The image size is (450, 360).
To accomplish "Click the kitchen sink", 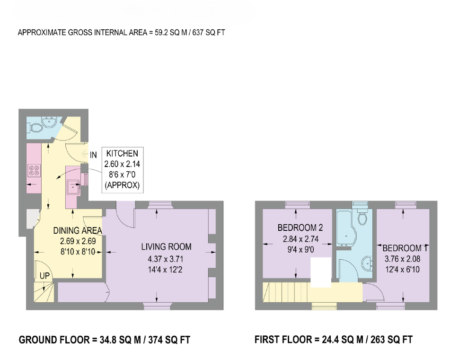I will pos(73,187).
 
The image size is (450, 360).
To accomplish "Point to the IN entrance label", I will pos(93,155).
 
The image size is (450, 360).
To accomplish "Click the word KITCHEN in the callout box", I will pos(122,154).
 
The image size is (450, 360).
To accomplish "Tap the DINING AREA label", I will pos(78,231).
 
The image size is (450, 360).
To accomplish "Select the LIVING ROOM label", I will pos(166,246).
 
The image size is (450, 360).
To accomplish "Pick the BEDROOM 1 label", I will pos(406,248).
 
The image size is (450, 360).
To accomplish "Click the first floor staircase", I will pos(286,291).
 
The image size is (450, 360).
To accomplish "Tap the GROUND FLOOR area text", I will pos(105,340).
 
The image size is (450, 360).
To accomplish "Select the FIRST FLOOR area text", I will pos(334,340).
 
